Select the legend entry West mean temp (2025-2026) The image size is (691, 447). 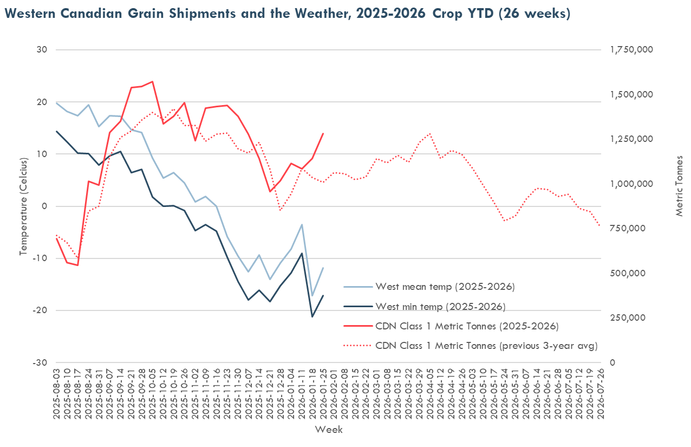tap(445, 287)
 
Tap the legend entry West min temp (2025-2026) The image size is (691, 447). tap(440, 307)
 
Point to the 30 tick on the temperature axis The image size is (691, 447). tap(42, 50)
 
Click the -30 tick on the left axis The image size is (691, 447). tap(41, 362)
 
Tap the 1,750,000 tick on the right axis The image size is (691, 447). tap(631, 50)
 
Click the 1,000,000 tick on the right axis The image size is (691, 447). tap(631, 184)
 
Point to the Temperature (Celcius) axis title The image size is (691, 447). tap(23, 206)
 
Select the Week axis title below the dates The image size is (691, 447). tap(329, 430)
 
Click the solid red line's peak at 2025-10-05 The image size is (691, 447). tap(152, 82)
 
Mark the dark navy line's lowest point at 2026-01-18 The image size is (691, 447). tap(312, 316)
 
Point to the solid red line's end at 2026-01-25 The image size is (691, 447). tap(323, 133)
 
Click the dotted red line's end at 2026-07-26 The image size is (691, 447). tap(600, 226)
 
